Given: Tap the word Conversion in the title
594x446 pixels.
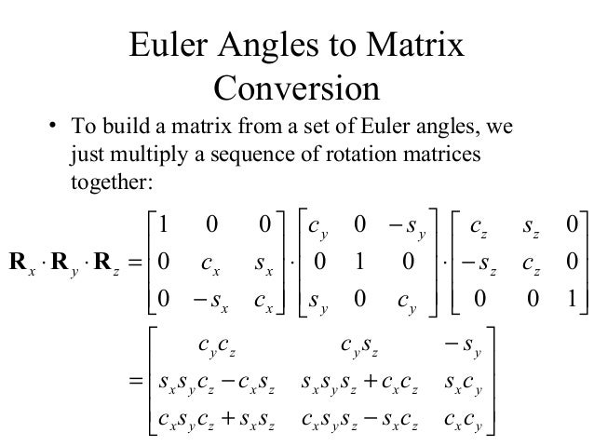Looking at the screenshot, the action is (296, 89).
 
